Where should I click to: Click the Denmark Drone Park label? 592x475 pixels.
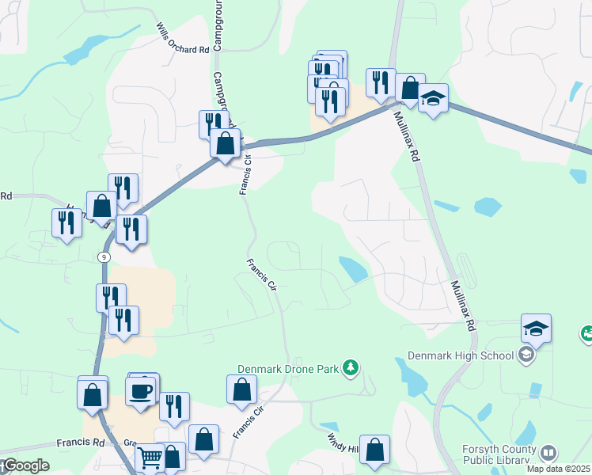point(288,369)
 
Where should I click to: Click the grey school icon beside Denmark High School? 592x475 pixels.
point(525,355)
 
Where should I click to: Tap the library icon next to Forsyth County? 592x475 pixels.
point(547,452)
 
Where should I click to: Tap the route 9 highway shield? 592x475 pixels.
point(104,257)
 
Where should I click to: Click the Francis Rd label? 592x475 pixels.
point(80,443)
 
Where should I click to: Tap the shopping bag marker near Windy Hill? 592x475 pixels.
point(375,449)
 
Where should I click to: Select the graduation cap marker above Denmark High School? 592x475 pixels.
point(536,328)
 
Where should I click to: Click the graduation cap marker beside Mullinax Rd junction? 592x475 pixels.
point(432,97)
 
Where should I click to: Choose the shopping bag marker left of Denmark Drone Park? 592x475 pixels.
point(241,389)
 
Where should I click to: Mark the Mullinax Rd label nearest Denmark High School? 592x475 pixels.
point(462,305)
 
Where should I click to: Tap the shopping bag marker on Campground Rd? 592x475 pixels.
point(226,143)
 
